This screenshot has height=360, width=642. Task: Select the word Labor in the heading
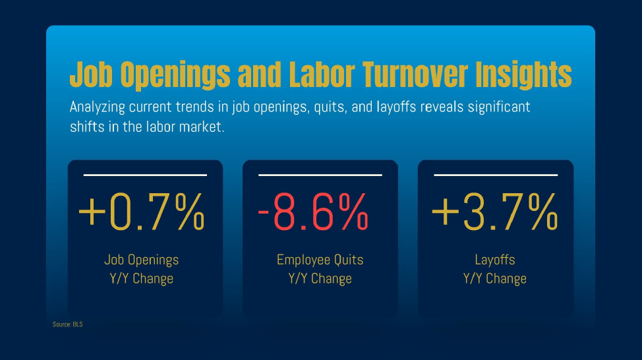pyautogui.click(x=322, y=75)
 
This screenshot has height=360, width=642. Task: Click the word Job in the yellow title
pyautogui.click(x=91, y=75)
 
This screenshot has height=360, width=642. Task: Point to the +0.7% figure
pyautogui.click(x=141, y=212)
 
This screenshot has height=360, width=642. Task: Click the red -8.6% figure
pyautogui.click(x=313, y=212)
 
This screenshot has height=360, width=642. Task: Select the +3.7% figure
pyautogui.click(x=494, y=212)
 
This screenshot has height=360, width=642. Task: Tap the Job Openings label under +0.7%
pyautogui.click(x=142, y=260)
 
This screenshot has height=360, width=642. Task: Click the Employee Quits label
pyautogui.click(x=320, y=260)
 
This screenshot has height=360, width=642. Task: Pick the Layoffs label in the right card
pyautogui.click(x=495, y=260)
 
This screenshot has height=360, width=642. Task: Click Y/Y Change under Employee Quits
pyautogui.click(x=320, y=278)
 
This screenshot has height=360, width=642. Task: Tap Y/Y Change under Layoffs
pyautogui.click(x=495, y=278)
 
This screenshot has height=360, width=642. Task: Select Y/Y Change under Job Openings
pyautogui.click(x=142, y=278)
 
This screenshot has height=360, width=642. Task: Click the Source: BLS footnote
pyautogui.click(x=67, y=324)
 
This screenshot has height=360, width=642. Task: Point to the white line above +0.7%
pyautogui.click(x=146, y=175)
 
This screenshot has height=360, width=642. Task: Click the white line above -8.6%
pyautogui.click(x=320, y=175)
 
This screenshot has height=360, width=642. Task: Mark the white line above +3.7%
pyautogui.click(x=496, y=175)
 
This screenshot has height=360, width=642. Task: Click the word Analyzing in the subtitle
pyautogui.click(x=98, y=107)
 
